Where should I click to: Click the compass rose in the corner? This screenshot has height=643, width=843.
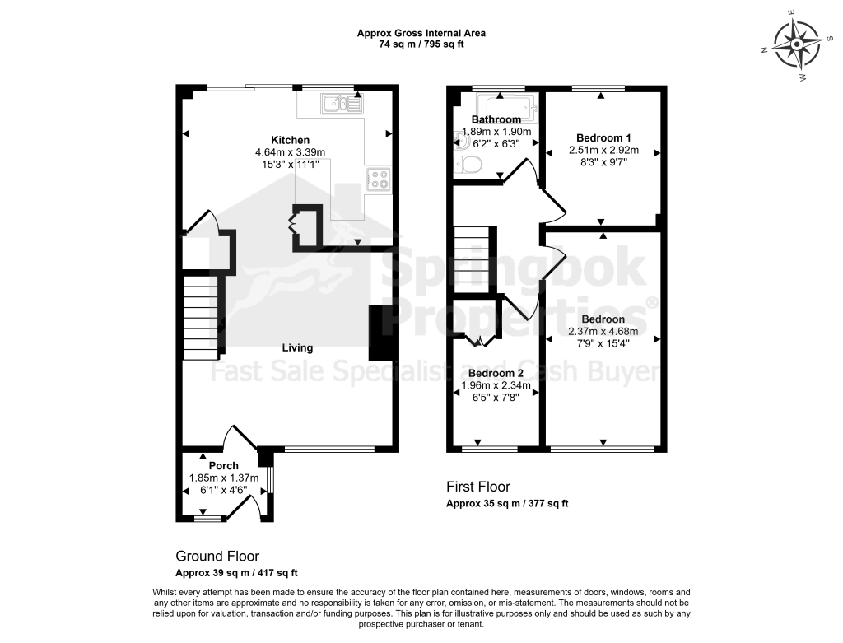[797, 45]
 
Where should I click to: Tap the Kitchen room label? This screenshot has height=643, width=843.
[290, 140]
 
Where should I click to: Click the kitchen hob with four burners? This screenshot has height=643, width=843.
[379, 179]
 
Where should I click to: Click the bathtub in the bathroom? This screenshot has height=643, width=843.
[507, 108]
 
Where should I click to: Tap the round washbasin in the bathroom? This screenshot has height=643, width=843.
[459, 141]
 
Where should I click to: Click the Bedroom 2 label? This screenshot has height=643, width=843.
[496, 373]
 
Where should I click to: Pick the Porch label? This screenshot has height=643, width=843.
[224, 466]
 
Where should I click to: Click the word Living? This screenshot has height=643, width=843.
[297, 347]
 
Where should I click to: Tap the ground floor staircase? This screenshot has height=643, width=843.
[203, 317]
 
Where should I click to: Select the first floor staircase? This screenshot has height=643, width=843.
[473, 259]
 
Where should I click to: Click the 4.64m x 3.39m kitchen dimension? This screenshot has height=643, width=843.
[291, 152]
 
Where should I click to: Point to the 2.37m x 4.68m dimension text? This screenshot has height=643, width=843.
[603, 331]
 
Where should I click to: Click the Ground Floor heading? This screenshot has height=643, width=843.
[217, 556]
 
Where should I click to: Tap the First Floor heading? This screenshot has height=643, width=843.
[478, 487]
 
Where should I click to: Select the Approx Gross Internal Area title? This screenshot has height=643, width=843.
[421, 33]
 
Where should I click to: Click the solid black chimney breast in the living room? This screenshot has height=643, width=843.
[377, 333]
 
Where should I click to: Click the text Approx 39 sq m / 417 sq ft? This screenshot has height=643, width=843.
[236, 573]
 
